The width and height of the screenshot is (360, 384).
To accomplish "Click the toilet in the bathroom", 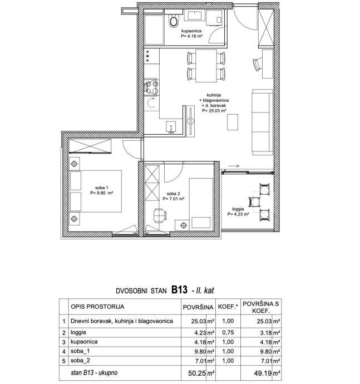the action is tap(174, 20).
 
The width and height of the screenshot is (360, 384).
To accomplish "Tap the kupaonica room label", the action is tap(191, 31).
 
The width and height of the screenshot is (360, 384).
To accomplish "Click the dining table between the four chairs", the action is tap(206, 66).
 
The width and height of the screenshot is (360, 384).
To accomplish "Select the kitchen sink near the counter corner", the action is tap(171, 127).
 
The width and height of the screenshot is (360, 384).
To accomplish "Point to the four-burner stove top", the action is tap(151, 87).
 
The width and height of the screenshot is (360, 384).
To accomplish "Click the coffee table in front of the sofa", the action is tap(233, 122).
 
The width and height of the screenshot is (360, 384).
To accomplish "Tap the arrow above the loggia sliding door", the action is tap(234, 166).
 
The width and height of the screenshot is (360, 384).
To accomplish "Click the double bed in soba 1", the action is tap(96, 191).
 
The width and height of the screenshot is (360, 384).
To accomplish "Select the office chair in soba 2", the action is tap(160, 215).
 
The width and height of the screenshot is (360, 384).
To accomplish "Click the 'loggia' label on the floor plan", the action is tap(238, 209).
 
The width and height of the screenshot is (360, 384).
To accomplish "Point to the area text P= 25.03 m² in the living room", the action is tap(214, 111).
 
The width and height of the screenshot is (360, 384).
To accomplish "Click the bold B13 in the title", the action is tap(179, 290).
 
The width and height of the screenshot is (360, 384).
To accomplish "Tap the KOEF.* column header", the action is tap(228, 307).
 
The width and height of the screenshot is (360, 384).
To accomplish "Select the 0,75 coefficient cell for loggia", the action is tap(228, 333).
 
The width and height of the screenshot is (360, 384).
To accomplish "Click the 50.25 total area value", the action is tap(197, 373).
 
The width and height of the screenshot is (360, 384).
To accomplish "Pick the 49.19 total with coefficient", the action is tap(263, 373).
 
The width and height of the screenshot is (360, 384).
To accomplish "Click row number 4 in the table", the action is tap(64, 352).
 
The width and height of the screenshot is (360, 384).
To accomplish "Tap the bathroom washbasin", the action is tap(195, 15).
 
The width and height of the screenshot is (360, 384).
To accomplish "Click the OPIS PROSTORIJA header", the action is tap(97, 307).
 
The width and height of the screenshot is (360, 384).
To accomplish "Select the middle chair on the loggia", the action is tap(254, 202).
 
